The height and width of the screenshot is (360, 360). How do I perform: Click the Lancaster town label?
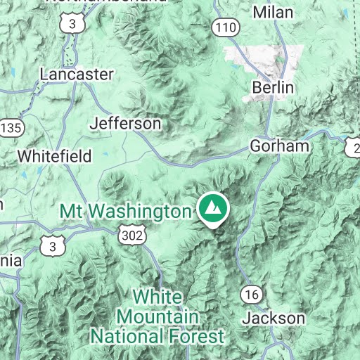[x=77, y=74]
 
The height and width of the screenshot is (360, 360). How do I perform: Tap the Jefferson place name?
[x=126, y=124]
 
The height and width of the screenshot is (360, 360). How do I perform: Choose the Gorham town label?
[x=280, y=146]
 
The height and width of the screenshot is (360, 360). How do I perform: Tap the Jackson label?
[x=274, y=318]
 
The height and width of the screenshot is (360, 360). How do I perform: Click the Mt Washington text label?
[x=125, y=211]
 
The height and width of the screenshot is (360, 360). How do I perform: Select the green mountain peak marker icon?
[x=213, y=208]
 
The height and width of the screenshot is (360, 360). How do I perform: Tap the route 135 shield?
[x=12, y=128]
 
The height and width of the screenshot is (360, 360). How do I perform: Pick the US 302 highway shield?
[x=131, y=233]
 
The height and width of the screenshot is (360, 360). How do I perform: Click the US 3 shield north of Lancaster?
[x=72, y=23]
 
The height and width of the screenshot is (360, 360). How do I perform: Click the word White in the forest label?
[x=157, y=295]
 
